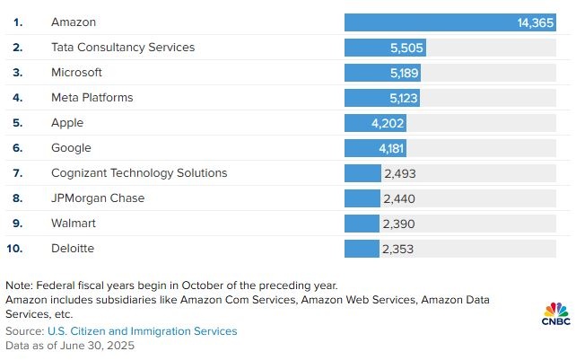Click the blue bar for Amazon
click(431, 22)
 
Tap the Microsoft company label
click(77, 72)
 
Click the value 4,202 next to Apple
click(388, 123)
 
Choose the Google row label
click(72, 147)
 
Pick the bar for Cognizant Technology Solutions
click(362, 173)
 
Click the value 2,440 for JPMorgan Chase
click(399, 198)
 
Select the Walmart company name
click(73, 223)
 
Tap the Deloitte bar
click(362, 249)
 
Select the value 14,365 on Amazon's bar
click(536, 22)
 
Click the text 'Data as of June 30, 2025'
click(70, 346)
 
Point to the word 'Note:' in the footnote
click(21, 285)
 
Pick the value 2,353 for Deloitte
click(398, 249)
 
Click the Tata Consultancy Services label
click(123, 47)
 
